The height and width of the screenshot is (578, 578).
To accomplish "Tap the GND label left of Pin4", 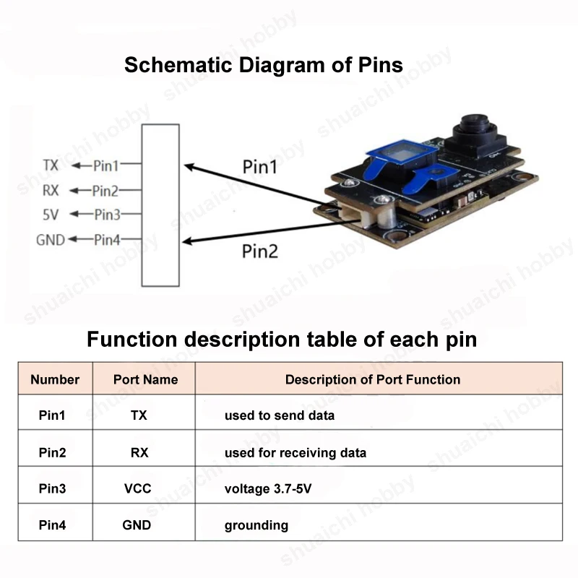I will tap(51, 240).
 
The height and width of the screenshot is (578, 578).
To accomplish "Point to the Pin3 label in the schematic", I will tap(107, 215).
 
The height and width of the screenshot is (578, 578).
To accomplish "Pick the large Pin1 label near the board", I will tap(259, 167).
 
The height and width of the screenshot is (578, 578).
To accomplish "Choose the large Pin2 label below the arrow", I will tap(259, 251).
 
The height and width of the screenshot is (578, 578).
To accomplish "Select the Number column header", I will tap(55, 379).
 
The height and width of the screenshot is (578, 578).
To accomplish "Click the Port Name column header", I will tap(145, 379).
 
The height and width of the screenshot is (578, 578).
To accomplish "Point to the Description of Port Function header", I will tap(373, 379).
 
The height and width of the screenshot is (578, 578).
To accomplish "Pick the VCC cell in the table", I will tap(137, 488).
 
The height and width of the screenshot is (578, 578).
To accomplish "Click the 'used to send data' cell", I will tap(280, 415).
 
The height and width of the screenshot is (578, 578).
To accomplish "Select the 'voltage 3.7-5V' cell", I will tap(268, 488).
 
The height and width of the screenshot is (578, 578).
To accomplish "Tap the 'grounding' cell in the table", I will tap(256, 525).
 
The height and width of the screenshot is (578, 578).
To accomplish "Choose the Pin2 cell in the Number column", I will tap(52, 453).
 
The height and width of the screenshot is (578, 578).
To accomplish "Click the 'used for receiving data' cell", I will tap(296, 453).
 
